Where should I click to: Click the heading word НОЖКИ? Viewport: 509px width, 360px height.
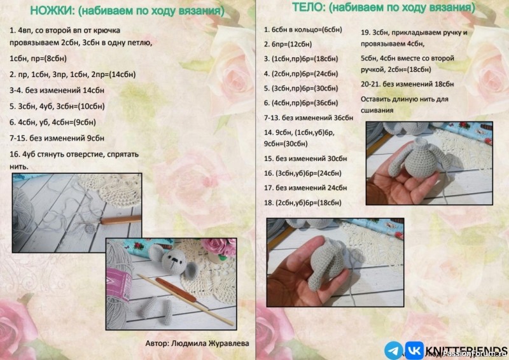coord(52,11)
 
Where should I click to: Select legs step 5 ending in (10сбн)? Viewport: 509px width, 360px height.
coord(57,106)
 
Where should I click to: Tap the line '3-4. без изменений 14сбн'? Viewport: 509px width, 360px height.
coord(57,90)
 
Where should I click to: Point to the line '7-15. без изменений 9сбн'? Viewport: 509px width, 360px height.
coord(57,138)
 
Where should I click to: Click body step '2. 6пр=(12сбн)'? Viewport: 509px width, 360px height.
coord(288,44)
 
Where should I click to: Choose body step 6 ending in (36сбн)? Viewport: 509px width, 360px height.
coord(301,103)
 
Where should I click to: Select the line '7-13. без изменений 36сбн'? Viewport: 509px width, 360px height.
coord(309,118)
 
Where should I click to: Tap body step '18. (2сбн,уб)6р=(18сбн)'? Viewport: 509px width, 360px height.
coord(303,203)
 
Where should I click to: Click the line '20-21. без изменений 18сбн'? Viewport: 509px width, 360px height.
coord(407,84)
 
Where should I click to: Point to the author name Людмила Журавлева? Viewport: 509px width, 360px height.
coord(210,343)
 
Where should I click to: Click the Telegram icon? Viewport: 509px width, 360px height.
coord(393,350)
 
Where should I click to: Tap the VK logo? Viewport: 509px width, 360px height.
coord(415,350)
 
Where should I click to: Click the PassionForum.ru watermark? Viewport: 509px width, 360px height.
coord(475,354)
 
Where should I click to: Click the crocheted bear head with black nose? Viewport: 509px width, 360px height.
coord(173,260)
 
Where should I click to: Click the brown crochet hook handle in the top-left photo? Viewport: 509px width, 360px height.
coord(121,221)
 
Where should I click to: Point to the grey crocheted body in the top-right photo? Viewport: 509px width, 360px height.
coord(421,158)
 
